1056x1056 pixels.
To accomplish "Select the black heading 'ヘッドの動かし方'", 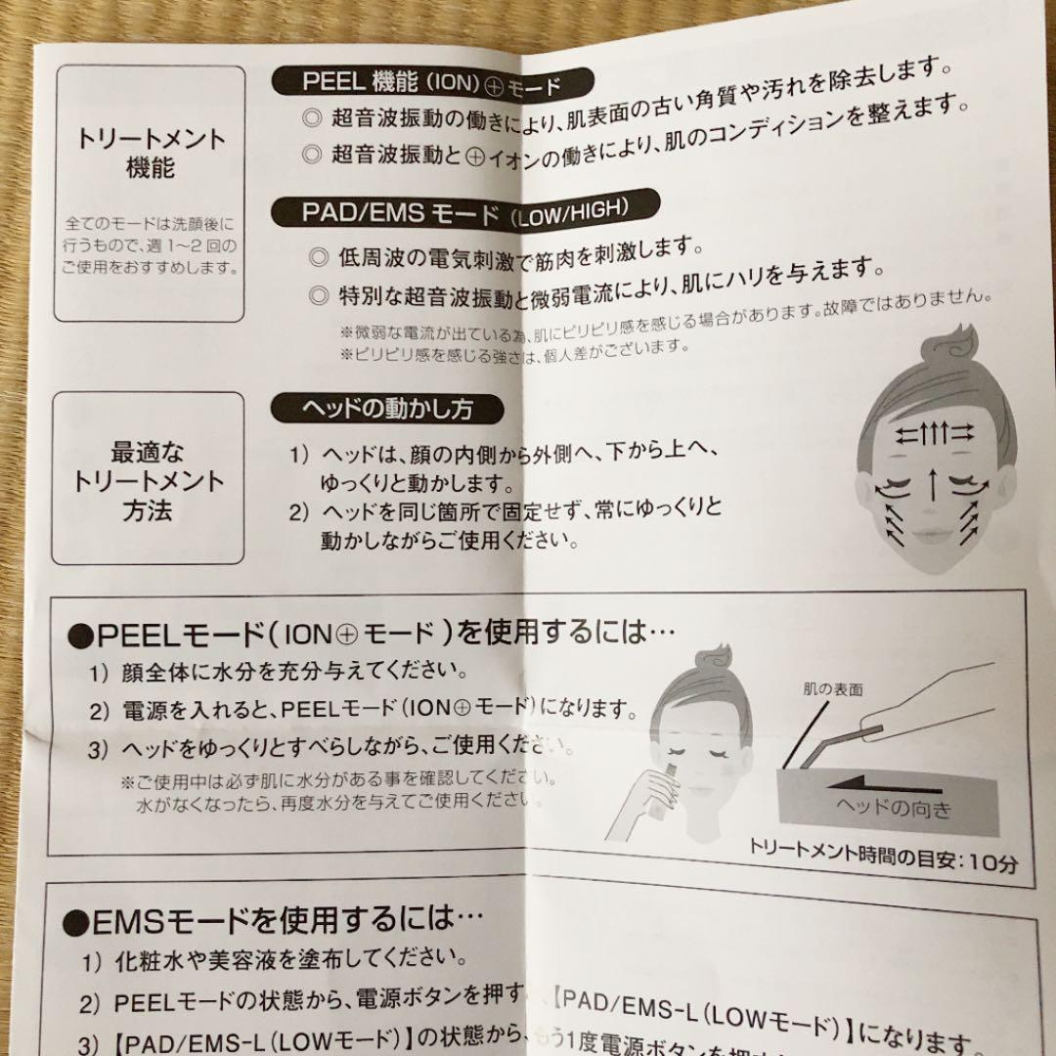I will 388,407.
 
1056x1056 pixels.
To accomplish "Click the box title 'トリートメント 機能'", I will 150,152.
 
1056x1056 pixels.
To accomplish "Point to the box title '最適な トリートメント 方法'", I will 148,480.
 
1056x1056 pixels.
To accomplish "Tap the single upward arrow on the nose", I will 931,481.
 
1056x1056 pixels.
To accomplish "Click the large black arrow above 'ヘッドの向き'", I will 884,781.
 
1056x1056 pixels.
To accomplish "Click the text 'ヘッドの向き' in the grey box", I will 892,809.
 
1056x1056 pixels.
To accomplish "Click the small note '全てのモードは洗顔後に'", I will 149,225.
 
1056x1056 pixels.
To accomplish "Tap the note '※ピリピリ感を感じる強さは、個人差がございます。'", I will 515,347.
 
